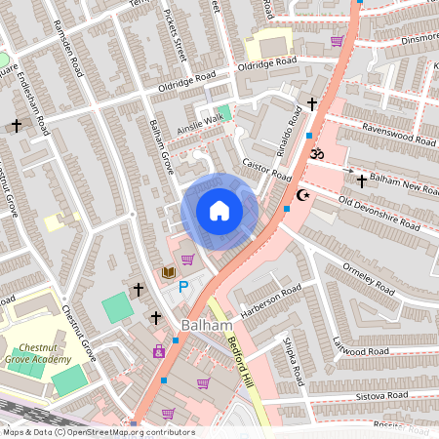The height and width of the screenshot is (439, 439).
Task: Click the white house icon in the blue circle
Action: pyautogui.click(x=219, y=211)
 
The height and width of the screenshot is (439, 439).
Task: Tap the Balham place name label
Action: pyautogui.click(x=206, y=325)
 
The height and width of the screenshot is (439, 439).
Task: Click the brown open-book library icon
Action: pyautogui.click(x=168, y=271)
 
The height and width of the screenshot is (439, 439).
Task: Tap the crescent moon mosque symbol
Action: pyautogui.click(x=303, y=195)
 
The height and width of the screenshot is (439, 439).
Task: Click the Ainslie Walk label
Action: pyautogui.click(x=200, y=124)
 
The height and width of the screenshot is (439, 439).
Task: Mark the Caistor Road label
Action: pyautogui.click(x=267, y=172)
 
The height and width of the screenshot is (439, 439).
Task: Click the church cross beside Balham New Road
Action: pyautogui.click(x=362, y=180)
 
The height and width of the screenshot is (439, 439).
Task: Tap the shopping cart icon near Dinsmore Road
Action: pyautogui.click(x=337, y=40)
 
